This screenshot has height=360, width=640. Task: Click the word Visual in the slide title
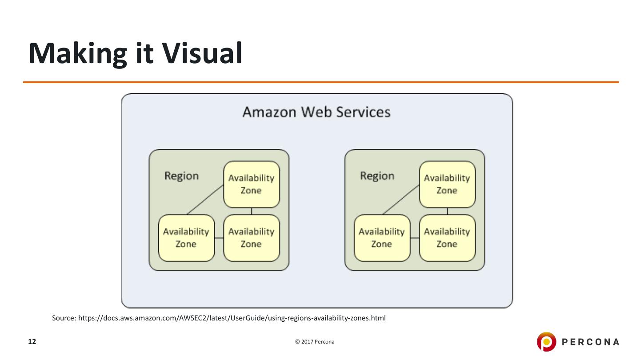pyautogui.click(x=202, y=53)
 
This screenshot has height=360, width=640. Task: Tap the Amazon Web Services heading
pyautogui.click(x=316, y=112)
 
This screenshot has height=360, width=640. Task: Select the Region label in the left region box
pyautogui.click(x=181, y=176)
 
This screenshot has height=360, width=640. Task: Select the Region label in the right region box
pyautogui.click(x=377, y=176)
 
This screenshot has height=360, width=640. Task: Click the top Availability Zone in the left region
pyautogui.click(x=251, y=184)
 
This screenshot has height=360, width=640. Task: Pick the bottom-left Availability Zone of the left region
pyautogui.click(x=186, y=238)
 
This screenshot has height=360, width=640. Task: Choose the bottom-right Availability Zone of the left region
pyautogui.click(x=251, y=238)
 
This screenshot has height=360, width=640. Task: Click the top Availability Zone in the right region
pyautogui.click(x=447, y=184)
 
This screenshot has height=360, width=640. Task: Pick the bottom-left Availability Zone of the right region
pyautogui.click(x=381, y=238)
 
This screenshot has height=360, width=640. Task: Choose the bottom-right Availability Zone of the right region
pyautogui.click(x=447, y=238)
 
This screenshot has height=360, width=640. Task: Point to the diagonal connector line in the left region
pyautogui.click(x=205, y=200)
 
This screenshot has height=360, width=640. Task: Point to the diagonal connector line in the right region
pyautogui.click(x=400, y=200)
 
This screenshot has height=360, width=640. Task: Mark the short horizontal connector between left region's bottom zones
pyautogui.click(x=219, y=238)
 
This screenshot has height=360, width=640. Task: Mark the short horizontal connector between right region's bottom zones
pyautogui.click(x=414, y=238)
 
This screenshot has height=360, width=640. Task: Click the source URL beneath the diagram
pyautogui.click(x=232, y=318)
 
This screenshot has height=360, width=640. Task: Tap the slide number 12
pyautogui.click(x=32, y=342)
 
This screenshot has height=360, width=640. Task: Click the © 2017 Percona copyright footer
pyautogui.click(x=315, y=342)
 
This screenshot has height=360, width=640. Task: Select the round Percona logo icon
pyautogui.click(x=546, y=342)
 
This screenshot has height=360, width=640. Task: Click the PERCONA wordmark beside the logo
pyautogui.click(x=591, y=342)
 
